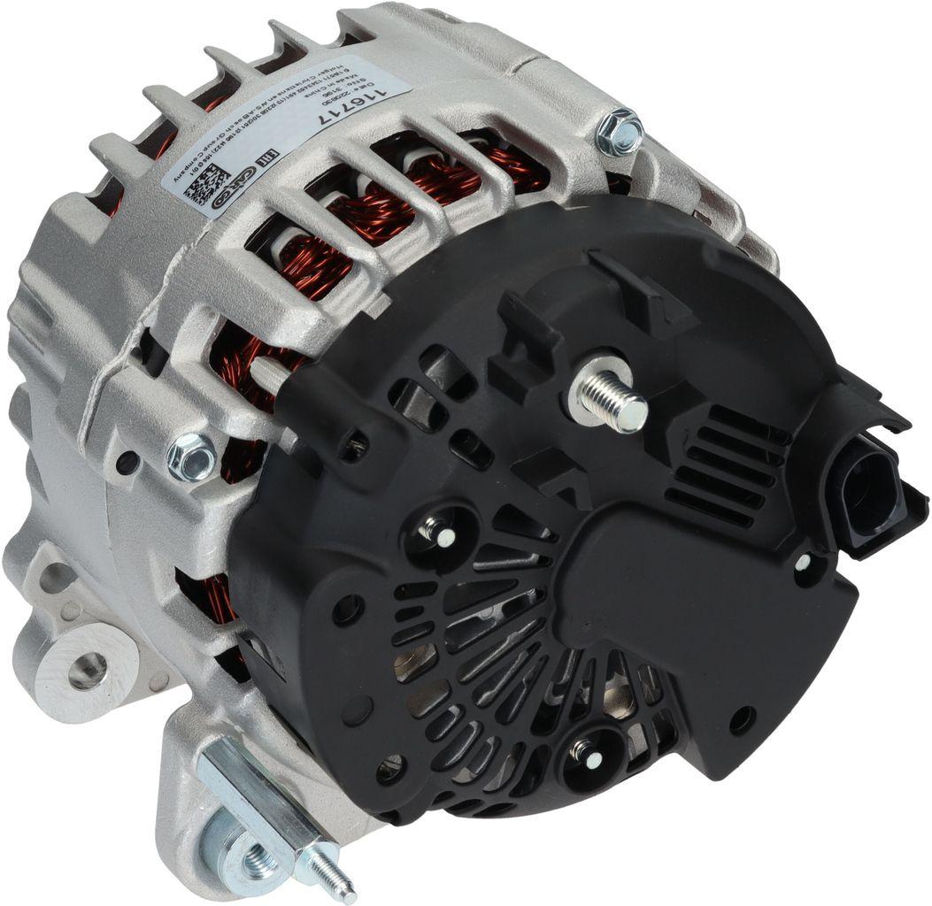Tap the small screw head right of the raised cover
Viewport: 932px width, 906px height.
click(x=802, y=563)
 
